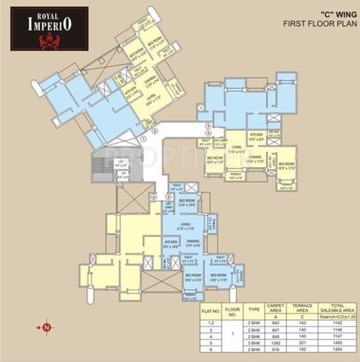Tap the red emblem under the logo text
click(x=49, y=43)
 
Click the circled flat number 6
click(x=154, y=196)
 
